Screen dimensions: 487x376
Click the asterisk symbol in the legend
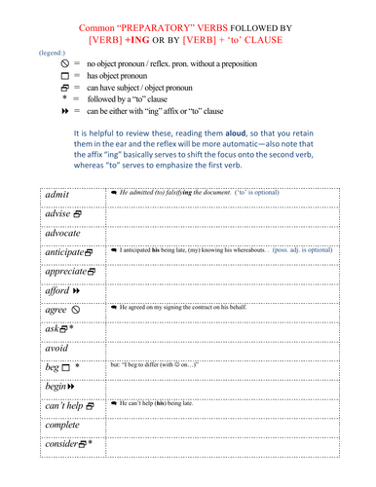(63, 99)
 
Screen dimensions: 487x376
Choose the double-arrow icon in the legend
(62, 112)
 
